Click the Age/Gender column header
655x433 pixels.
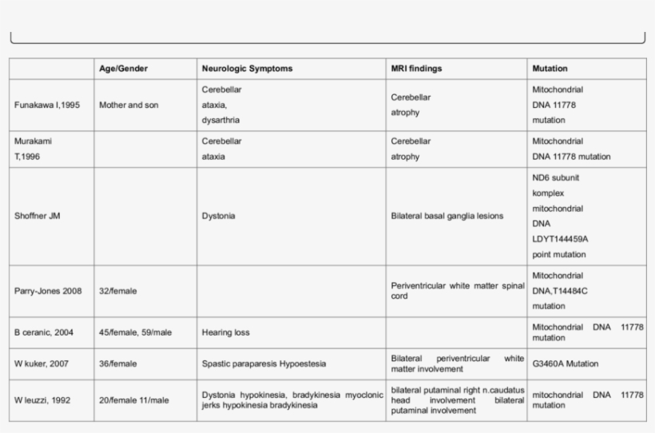coord(123,69)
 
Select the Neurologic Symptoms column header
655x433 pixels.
coord(247,69)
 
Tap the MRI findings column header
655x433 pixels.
coord(416,69)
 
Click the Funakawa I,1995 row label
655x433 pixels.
coord(47,105)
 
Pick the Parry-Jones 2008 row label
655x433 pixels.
coord(48,291)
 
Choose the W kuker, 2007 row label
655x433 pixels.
coord(42,363)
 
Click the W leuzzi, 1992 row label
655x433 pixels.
coord(43,399)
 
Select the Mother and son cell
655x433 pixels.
coord(129,105)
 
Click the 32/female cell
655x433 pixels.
coord(117,291)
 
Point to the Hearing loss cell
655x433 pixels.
coord(227,332)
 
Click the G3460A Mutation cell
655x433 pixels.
coord(565,363)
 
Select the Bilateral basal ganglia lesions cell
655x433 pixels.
coord(447,216)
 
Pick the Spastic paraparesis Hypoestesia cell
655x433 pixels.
coord(264,363)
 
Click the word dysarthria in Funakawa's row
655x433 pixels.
coord(220,120)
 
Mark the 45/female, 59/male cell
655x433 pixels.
coord(136,332)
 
